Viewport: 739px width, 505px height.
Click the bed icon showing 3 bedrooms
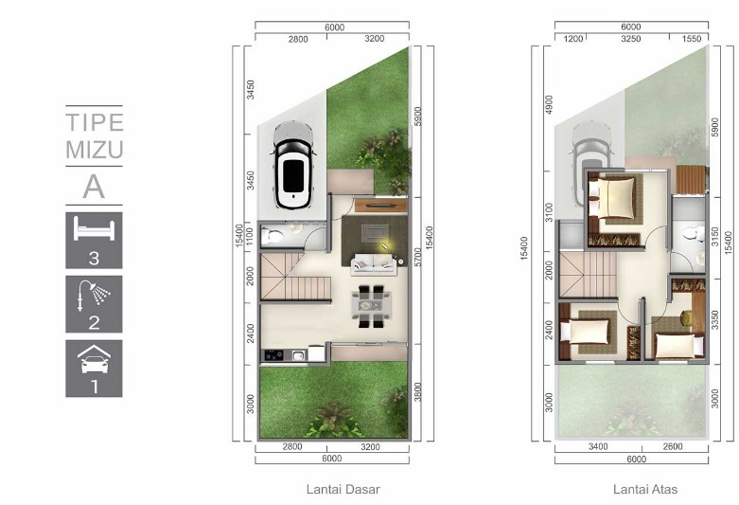pos(94,231)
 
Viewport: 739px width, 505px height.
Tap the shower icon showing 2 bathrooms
pos(94,296)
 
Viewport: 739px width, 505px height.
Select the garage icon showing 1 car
pos(94,359)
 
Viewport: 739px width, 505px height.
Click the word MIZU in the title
pos(95,150)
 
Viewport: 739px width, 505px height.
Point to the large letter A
pos(94,187)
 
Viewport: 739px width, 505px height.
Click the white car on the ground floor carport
pos(292,165)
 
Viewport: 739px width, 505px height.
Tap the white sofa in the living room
pos(373,264)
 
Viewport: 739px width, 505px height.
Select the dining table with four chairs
pos(371,306)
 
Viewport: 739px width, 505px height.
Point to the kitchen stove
pos(273,355)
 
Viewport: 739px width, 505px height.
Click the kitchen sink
pos(299,355)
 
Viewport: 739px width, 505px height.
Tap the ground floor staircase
pos(295,277)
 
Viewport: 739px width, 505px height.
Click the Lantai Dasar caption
pos(343,489)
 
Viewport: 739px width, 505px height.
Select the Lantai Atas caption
pos(645,489)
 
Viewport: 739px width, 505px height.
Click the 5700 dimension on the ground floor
pos(418,257)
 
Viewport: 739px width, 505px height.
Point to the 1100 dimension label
pos(250,236)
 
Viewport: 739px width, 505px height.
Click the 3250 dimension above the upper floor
pos(630,39)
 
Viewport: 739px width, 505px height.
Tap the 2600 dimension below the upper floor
pos(673,446)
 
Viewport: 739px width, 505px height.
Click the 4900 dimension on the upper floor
pos(549,104)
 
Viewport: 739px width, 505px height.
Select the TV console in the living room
pos(380,206)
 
